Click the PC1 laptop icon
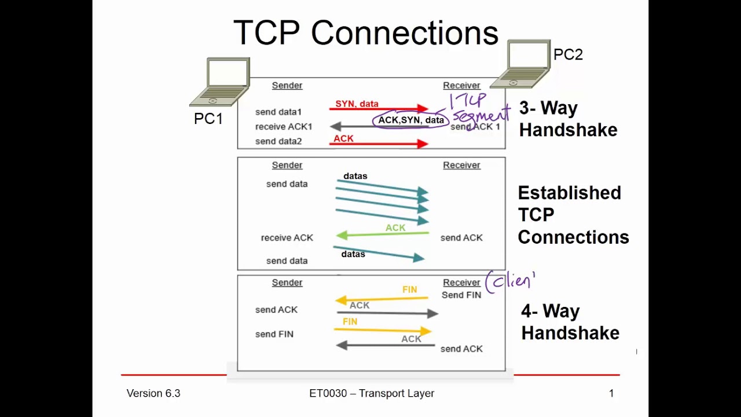point(219,82)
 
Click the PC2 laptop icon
point(520,64)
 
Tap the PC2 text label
point(568,54)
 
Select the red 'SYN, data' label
point(357,104)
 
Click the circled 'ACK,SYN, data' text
point(411,120)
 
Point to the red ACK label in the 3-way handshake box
point(343,138)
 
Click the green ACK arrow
point(383,235)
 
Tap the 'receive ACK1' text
point(284,126)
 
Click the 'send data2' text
point(278,141)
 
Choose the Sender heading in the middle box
point(287,165)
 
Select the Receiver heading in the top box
point(461,85)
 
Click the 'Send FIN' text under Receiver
point(461,295)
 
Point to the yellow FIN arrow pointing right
point(383,330)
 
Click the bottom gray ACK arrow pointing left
point(386,346)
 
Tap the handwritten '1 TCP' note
point(468,101)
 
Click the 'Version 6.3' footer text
point(153,393)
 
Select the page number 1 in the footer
point(611,393)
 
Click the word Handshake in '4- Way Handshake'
point(570,332)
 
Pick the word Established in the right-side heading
point(569,193)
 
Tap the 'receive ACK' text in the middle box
point(287,237)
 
